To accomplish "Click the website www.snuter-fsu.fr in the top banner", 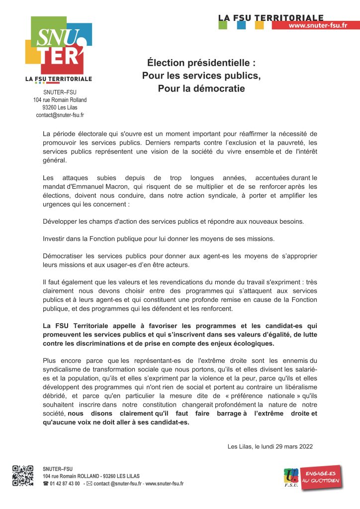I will [317, 25].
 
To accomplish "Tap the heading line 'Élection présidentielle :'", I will [201, 64].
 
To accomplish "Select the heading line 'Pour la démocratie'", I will [201, 89].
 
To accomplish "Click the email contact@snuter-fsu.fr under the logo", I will [60, 115].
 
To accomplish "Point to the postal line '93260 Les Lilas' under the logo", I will [60, 107].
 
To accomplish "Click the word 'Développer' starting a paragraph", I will [62, 221].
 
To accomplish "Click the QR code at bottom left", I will [23, 475].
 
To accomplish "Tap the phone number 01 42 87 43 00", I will [65, 484].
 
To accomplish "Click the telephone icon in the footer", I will [46, 484].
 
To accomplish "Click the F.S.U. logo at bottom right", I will [291, 479].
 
